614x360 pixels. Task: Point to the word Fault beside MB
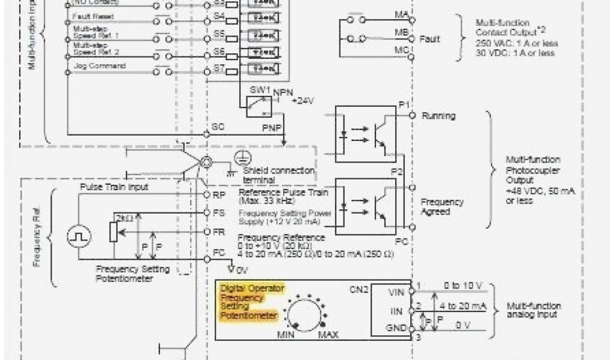click(x=429, y=39)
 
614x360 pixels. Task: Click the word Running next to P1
click(x=438, y=115)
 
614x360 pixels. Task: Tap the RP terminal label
click(x=219, y=195)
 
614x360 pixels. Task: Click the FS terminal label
click(x=219, y=213)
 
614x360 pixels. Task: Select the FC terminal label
click(x=219, y=254)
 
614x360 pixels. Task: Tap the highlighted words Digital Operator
click(x=252, y=289)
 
